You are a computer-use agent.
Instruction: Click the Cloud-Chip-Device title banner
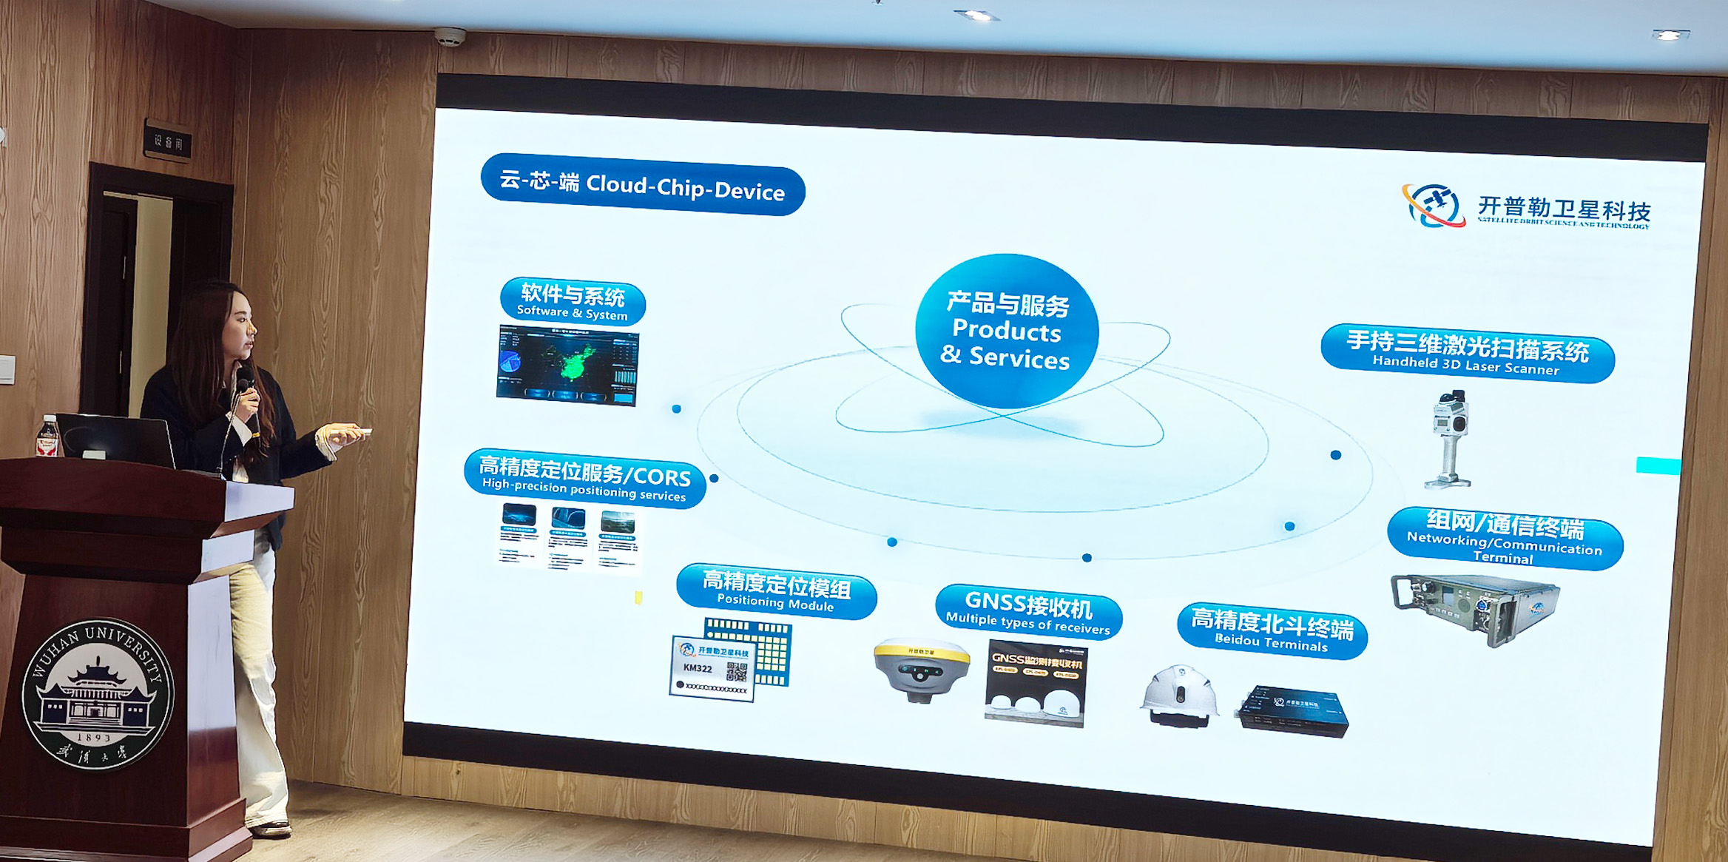(642, 185)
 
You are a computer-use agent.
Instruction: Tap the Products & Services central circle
(1007, 331)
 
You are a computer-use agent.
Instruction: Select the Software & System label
(573, 302)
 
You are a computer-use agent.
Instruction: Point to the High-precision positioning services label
(584, 479)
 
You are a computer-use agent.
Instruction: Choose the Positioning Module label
(776, 591)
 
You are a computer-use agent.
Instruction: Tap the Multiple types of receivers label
(1028, 613)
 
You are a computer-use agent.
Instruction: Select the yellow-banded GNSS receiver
(921, 668)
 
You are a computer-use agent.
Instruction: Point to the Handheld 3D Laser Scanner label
(1467, 353)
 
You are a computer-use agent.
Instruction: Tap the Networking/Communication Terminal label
(1505, 539)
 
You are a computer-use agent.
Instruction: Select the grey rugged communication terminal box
(1476, 607)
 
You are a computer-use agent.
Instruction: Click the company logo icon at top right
(1433, 205)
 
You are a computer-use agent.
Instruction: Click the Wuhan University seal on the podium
(98, 693)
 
